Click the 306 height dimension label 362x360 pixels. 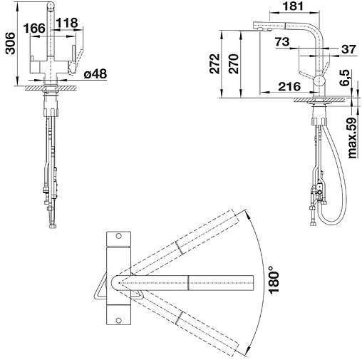pos(10,43)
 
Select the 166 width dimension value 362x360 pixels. pos(34,29)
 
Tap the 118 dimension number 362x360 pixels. pos(67,23)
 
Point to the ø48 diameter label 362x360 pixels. pos(95,74)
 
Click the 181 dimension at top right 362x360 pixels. pos(294,6)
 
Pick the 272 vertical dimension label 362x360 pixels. pos(214,63)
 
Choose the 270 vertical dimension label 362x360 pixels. pos(233,63)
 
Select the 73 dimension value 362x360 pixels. pos(282,42)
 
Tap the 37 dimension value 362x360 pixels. pos(349,49)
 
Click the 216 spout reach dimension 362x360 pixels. pos(289,87)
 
